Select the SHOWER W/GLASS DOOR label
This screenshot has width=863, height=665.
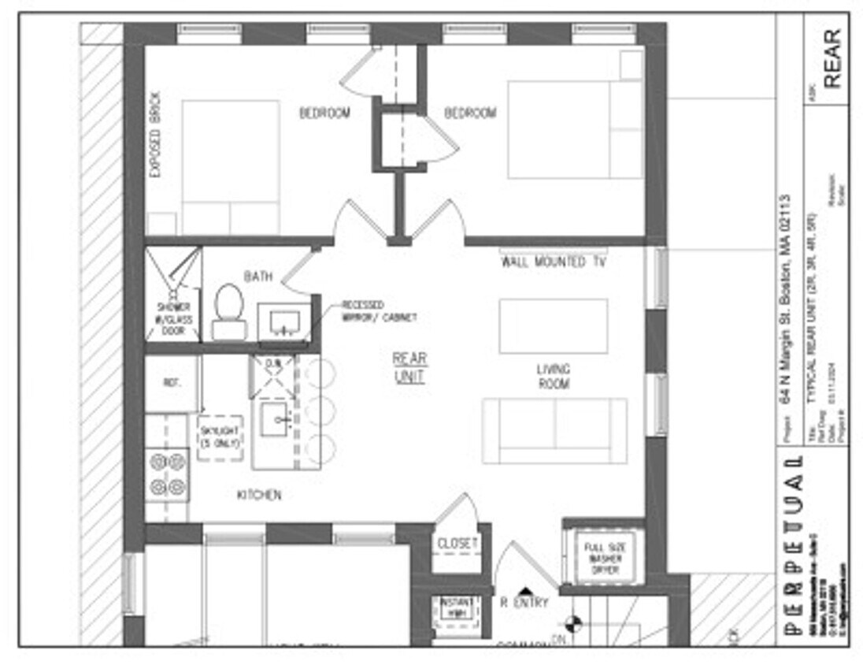(172, 319)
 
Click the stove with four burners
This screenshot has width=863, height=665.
(167, 474)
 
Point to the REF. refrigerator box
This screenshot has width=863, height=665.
(172, 383)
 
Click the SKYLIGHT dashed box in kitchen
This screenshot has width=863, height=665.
(220, 438)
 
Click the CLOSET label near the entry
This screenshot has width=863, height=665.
(457, 544)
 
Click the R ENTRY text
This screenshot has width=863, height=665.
(524, 603)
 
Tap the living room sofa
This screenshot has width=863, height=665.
(555, 430)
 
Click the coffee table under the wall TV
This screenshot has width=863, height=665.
(553, 326)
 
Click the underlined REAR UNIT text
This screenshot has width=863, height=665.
(409, 367)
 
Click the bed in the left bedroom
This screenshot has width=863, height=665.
(231, 166)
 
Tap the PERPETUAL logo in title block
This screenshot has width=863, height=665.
(794, 544)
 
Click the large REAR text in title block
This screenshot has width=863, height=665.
(832, 58)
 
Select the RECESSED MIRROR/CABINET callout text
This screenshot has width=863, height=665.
(379, 311)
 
